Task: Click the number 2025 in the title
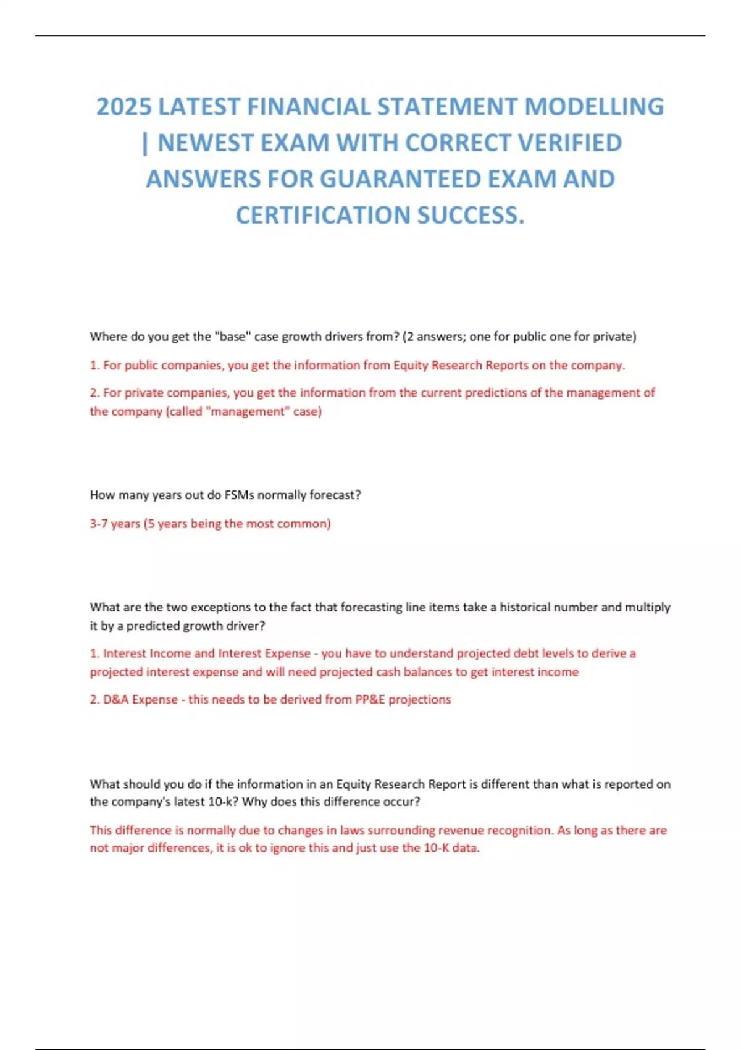coord(124,107)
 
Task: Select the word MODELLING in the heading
coord(594,107)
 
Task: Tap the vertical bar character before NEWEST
coord(145,143)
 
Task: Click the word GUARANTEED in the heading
coord(401,179)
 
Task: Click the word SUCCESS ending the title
coord(471,216)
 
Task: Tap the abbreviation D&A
coord(116,700)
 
